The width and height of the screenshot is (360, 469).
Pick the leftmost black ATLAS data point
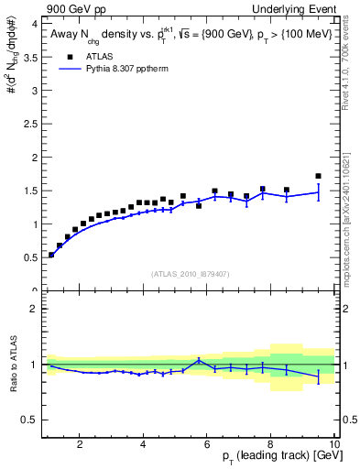[51, 255]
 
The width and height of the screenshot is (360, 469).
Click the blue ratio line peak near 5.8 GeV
[199, 360]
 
